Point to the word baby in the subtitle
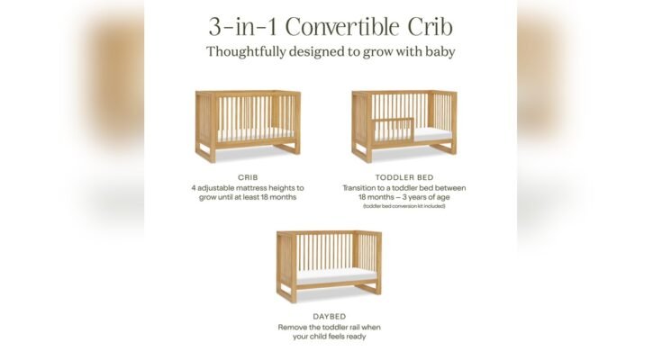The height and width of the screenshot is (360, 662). (437, 51)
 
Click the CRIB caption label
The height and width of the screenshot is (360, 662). (248, 177)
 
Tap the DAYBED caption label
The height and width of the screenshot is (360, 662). (330, 316)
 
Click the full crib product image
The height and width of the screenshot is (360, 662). (248, 124)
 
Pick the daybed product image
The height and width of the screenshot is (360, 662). (329, 265)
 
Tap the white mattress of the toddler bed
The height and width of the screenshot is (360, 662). (423, 133)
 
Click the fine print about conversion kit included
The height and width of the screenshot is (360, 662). (404, 206)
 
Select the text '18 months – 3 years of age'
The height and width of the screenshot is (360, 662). (404, 197)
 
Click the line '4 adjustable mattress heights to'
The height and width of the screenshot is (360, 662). (248, 187)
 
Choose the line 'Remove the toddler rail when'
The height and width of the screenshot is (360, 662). (330, 327)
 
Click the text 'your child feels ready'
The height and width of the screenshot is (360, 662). (330, 337)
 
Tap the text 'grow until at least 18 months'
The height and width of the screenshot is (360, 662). (248, 197)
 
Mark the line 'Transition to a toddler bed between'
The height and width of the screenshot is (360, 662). (404, 187)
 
